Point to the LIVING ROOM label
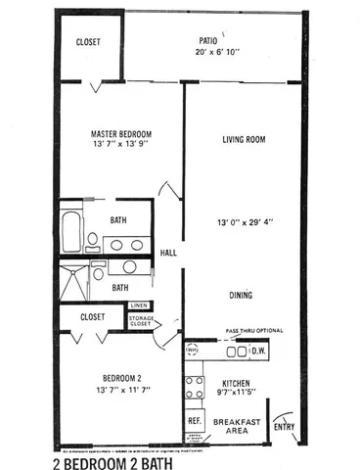pyautogui.click(x=244, y=140)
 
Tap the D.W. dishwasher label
pyautogui.click(x=258, y=349)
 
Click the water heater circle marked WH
pyautogui.click(x=192, y=349)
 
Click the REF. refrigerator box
pyautogui.click(x=195, y=419)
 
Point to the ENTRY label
pyautogui.click(x=285, y=426)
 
